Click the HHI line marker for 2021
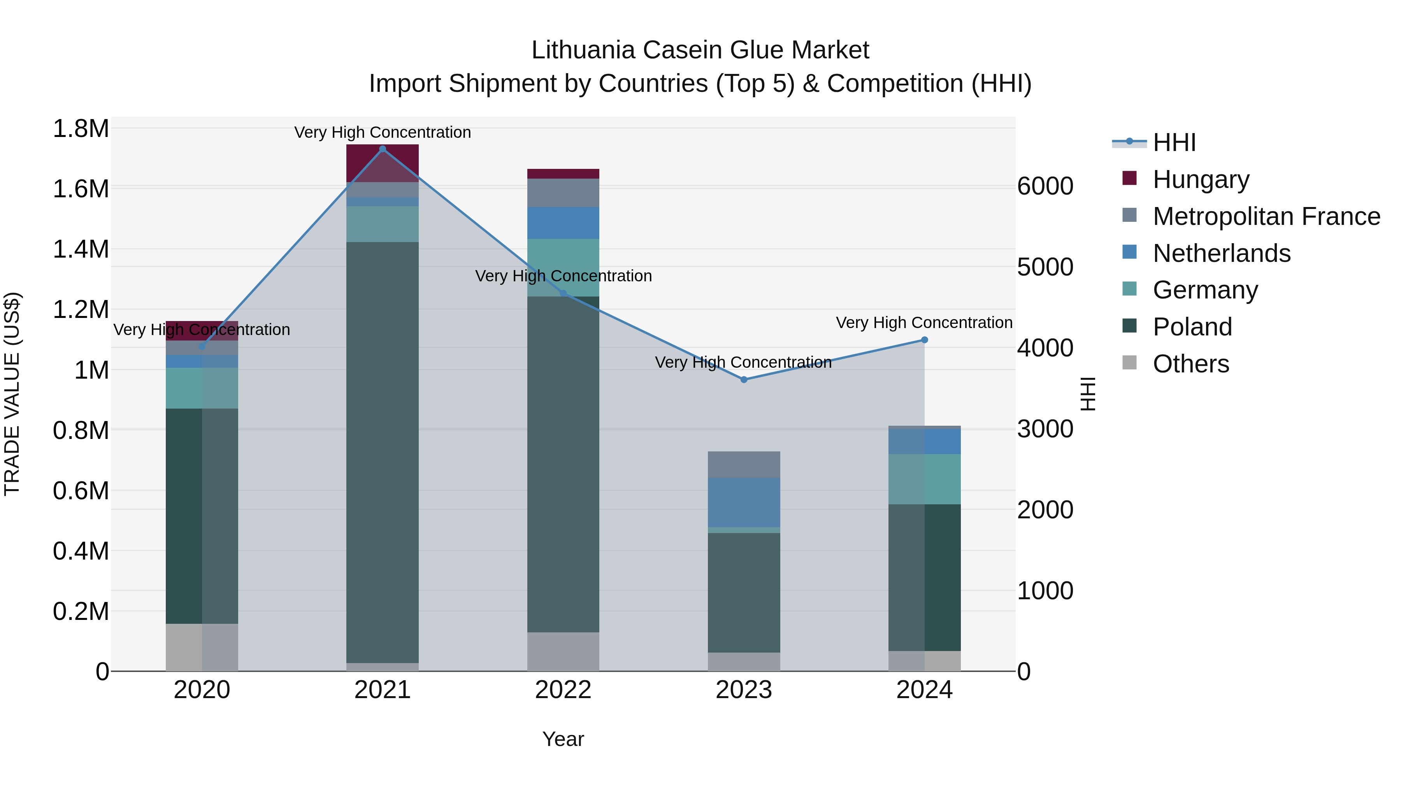[x=382, y=149]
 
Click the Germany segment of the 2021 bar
[x=382, y=224]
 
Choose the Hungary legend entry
[x=1201, y=179]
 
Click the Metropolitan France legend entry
[x=1266, y=216]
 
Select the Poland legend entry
[x=1192, y=327]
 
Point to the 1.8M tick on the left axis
[x=81, y=130]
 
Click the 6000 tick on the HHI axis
[x=1045, y=186]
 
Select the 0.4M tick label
[x=81, y=551]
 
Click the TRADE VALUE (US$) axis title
[x=12, y=394]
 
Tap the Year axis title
[x=563, y=739]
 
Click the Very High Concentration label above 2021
[x=382, y=132]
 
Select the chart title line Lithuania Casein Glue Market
[x=700, y=50]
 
